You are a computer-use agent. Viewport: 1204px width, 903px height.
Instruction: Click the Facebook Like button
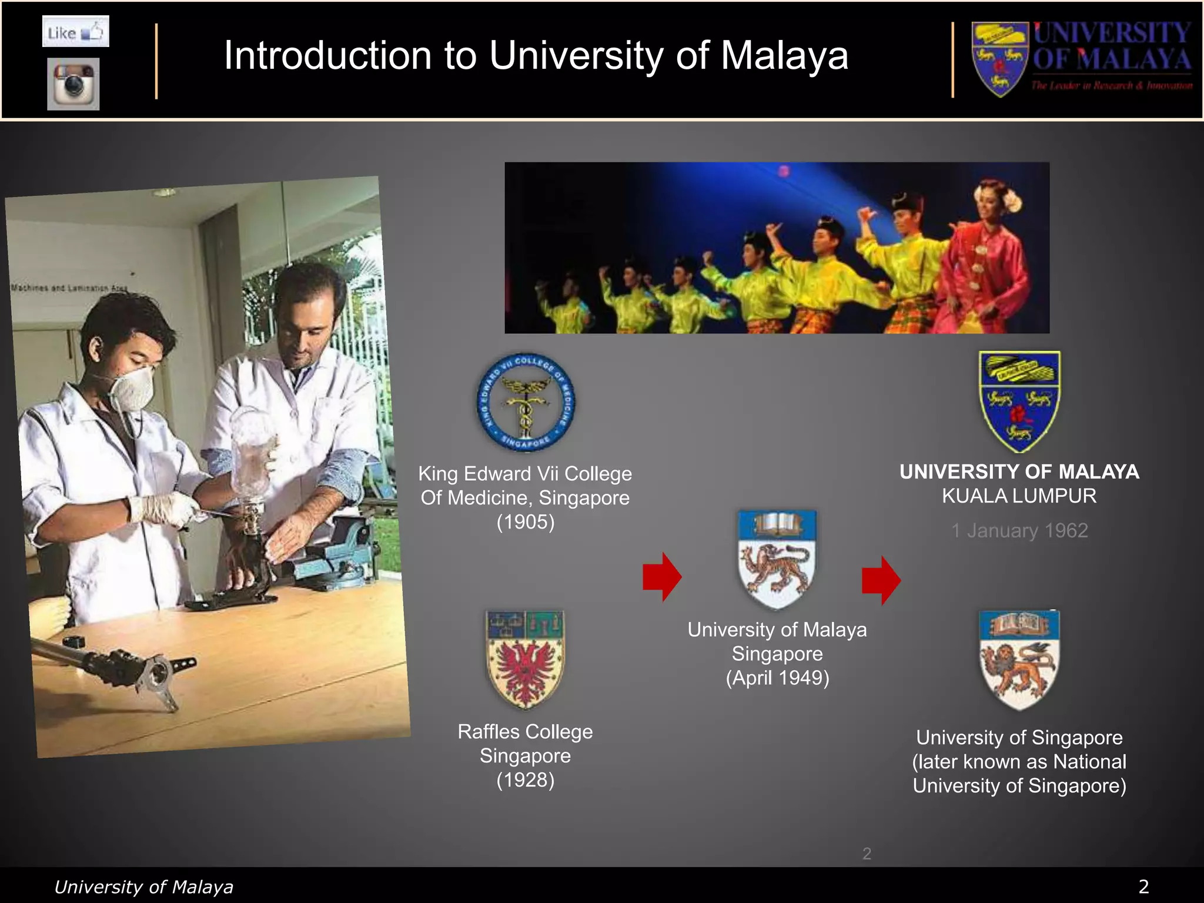pyautogui.click(x=75, y=32)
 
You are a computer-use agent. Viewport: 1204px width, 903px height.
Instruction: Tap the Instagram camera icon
pyautogui.click(x=73, y=84)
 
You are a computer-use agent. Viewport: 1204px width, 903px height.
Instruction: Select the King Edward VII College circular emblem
pyautogui.click(x=525, y=403)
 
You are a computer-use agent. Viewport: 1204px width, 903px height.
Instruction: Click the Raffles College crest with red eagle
pyautogui.click(x=525, y=658)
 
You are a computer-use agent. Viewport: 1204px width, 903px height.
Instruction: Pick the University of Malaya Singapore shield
pyautogui.click(x=777, y=558)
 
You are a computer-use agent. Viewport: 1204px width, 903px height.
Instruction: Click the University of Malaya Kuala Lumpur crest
pyautogui.click(x=1019, y=402)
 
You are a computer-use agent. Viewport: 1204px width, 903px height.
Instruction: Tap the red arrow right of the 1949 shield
pyautogui.click(x=881, y=580)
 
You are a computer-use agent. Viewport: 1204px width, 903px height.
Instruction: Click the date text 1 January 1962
pyautogui.click(x=1019, y=531)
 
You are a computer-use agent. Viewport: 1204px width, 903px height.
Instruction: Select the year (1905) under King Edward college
pyautogui.click(x=525, y=522)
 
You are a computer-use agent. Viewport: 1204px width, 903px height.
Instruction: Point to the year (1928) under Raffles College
pyautogui.click(x=525, y=780)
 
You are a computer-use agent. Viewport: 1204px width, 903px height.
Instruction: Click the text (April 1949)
pyautogui.click(x=777, y=678)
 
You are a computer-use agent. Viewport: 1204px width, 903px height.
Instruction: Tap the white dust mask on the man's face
pyautogui.click(x=133, y=389)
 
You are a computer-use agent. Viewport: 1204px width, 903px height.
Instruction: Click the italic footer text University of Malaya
pyautogui.click(x=143, y=887)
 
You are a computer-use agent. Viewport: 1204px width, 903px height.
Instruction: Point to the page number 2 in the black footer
pyautogui.click(x=1143, y=887)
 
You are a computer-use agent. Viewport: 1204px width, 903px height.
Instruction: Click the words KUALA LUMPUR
pyautogui.click(x=1019, y=496)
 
